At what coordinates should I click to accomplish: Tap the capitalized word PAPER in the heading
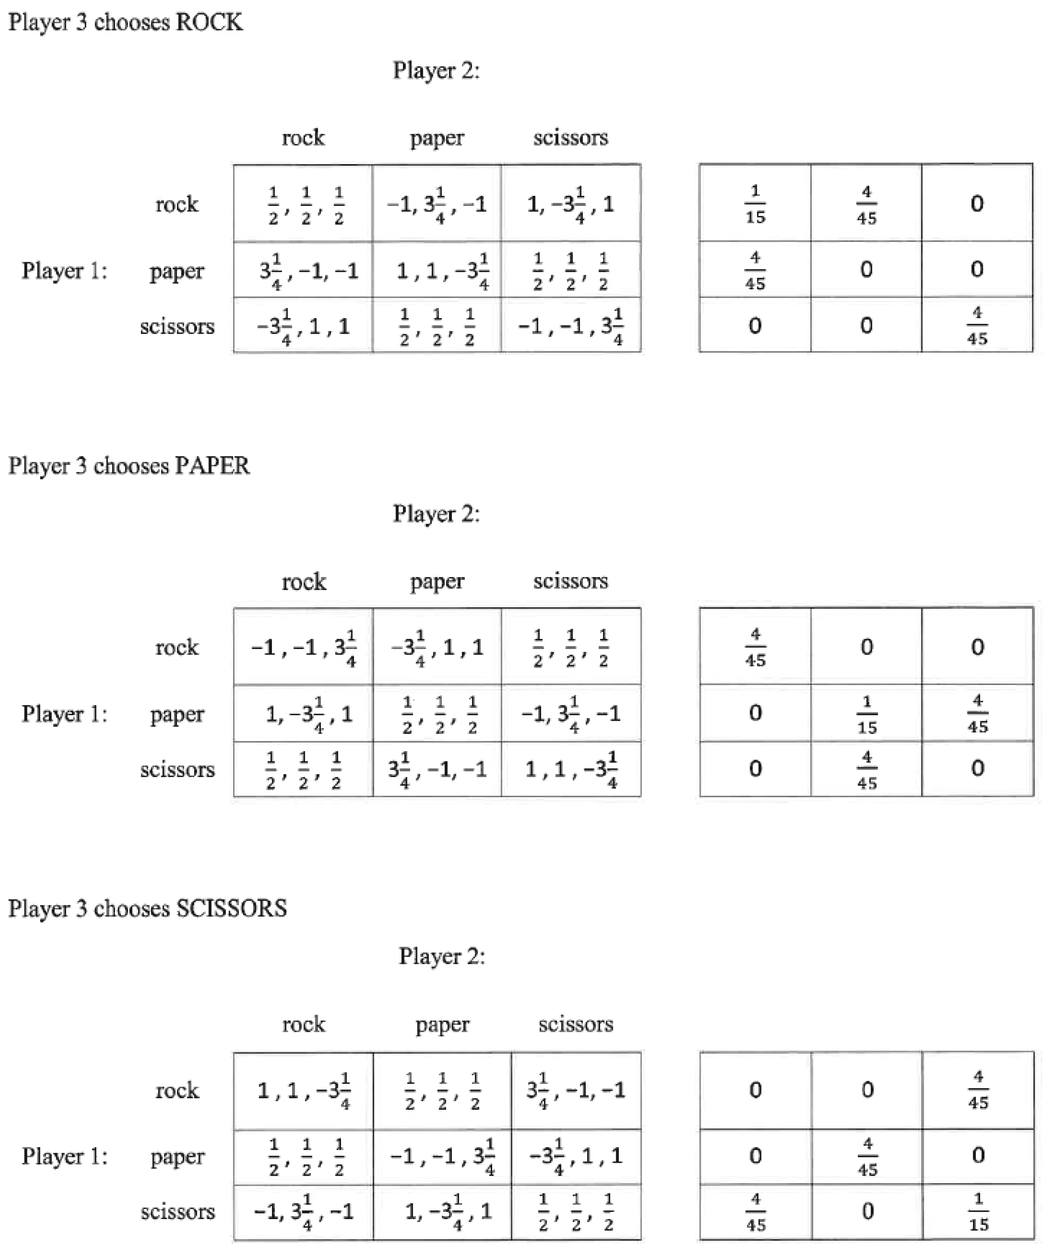tap(212, 466)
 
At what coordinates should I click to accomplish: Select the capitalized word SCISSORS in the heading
tap(232, 908)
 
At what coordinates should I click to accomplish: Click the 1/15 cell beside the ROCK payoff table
tap(755, 203)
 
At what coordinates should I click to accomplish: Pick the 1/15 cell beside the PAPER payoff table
tap(866, 713)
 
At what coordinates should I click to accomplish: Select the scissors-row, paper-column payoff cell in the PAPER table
tap(437, 769)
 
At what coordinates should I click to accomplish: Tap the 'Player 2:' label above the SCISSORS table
tap(442, 956)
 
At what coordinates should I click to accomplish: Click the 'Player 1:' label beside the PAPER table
tap(64, 713)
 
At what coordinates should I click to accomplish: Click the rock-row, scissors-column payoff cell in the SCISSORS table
tap(575, 1090)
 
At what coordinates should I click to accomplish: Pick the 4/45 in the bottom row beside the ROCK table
tap(977, 325)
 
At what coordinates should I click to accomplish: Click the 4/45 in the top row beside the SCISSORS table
tap(978, 1090)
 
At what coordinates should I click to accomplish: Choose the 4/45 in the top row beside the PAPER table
tap(755, 647)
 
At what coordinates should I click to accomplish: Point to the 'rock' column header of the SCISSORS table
tap(304, 1024)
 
